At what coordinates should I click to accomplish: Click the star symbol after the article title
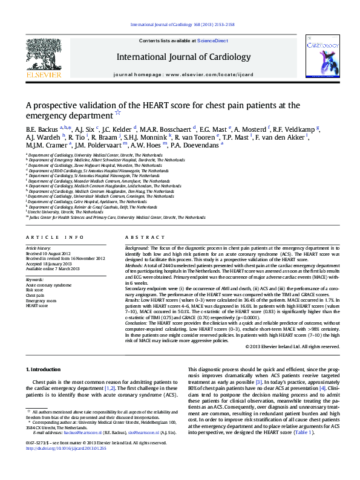coord(118,112)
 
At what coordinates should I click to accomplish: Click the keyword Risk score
coord(34,290)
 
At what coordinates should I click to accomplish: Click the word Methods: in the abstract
coord(136,265)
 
